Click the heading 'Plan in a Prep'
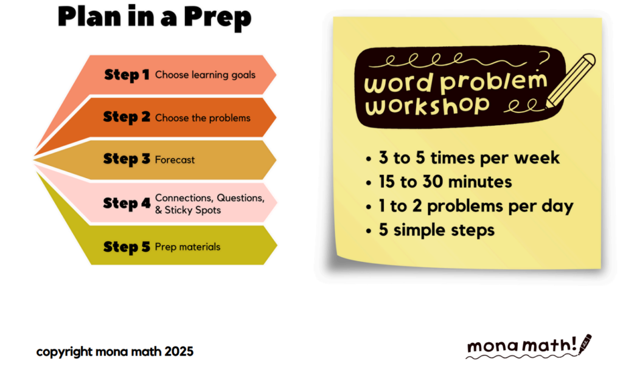coord(155,18)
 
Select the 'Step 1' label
coord(127,75)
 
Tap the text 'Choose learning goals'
coord(205,75)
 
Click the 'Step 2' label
coord(127,117)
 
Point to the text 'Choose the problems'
coord(203,118)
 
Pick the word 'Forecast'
coord(175,160)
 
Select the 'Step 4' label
coord(127,203)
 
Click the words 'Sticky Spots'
coord(193,210)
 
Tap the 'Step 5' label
coord(127,247)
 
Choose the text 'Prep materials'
coord(187,247)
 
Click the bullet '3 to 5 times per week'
coord(462,158)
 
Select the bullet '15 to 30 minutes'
coord(439,182)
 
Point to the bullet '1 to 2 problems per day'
coord(470,207)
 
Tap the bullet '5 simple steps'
coord(430,230)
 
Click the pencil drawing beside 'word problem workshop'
coord(571,81)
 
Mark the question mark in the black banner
coord(545,60)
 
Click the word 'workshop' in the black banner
coord(427,106)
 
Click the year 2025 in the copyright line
coord(179,351)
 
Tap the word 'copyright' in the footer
coord(64,352)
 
